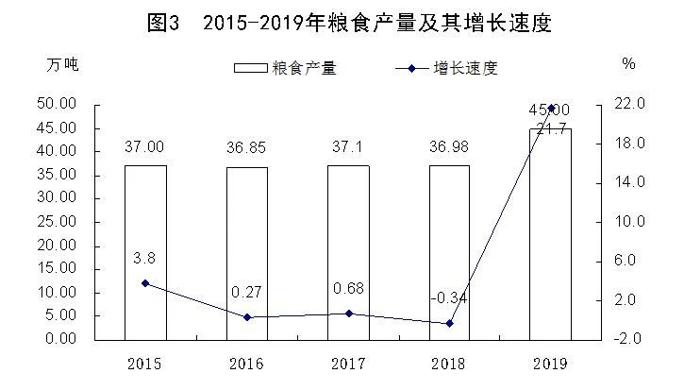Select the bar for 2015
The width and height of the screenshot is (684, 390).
pos(145,251)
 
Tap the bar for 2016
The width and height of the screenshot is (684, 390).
pos(246,252)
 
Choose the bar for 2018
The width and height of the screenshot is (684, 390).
pos(449,251)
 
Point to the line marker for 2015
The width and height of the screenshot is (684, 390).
pos(145,283)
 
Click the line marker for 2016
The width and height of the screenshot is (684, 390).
pos(246,317)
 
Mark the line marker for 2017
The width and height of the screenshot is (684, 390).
pos(348,314)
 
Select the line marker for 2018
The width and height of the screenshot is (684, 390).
pos(449,323)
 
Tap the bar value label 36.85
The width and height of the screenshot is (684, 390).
pos(246,146)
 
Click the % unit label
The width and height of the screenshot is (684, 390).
pos(628,64)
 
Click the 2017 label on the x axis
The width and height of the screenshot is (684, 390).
pos(348,364)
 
